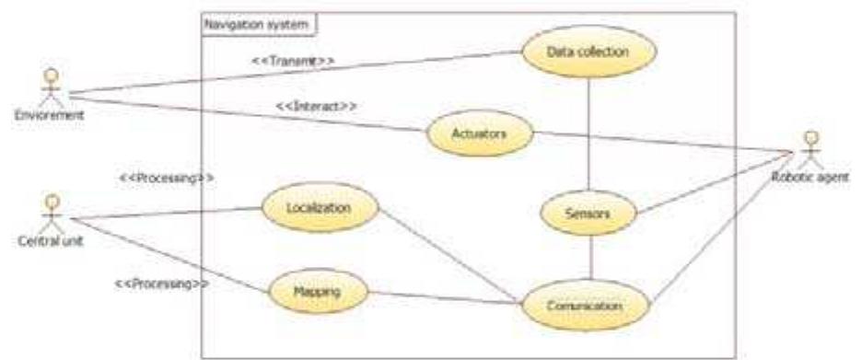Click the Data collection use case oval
tap(588, 52)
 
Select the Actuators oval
tap(480, 134)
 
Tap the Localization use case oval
tap(320, 208)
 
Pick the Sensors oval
tap(588, 213)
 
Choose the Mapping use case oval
tap(317, 292)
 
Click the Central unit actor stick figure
tap(52, 210)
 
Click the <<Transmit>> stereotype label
tap(293, 61)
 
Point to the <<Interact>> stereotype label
tap(316, 107)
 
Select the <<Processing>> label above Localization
tap(168, 178)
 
